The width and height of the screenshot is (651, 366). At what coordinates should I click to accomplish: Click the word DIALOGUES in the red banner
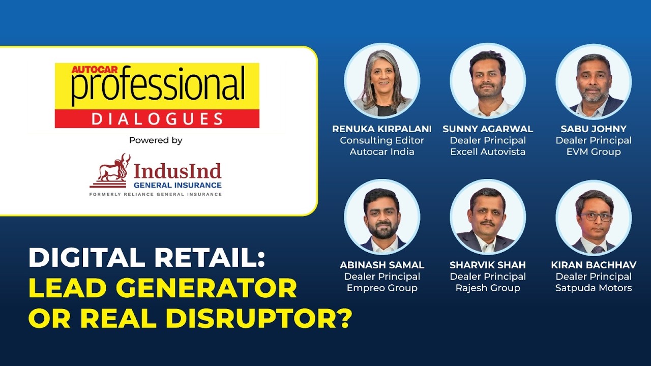(157, 118)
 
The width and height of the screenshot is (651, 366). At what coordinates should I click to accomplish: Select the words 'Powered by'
(156, 140)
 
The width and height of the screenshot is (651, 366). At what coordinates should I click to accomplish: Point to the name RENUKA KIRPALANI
(382, 129)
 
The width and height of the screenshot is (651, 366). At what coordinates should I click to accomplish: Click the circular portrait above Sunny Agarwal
(488, 81)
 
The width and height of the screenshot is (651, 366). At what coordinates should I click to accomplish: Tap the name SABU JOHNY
(594, 129)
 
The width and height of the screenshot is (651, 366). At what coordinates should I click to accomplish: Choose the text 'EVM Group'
(594, 151)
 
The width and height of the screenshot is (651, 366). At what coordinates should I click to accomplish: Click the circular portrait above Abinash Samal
(382, 217)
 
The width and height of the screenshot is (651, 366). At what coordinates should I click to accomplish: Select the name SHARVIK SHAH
(488, 265)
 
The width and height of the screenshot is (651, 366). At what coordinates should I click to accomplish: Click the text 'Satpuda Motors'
(594, 288)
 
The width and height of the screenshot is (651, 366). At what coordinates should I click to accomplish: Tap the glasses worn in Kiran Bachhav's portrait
(594, 216)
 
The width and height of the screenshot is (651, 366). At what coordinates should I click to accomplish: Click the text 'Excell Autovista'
(488, 151)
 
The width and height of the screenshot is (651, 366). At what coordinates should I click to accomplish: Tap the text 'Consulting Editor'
(382, 140)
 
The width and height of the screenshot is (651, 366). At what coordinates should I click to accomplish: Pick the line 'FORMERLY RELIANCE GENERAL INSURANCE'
(156, 194)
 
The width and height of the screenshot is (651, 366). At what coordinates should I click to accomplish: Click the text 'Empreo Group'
(382, 288)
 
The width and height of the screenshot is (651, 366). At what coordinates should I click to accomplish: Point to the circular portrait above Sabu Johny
(594, 81)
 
